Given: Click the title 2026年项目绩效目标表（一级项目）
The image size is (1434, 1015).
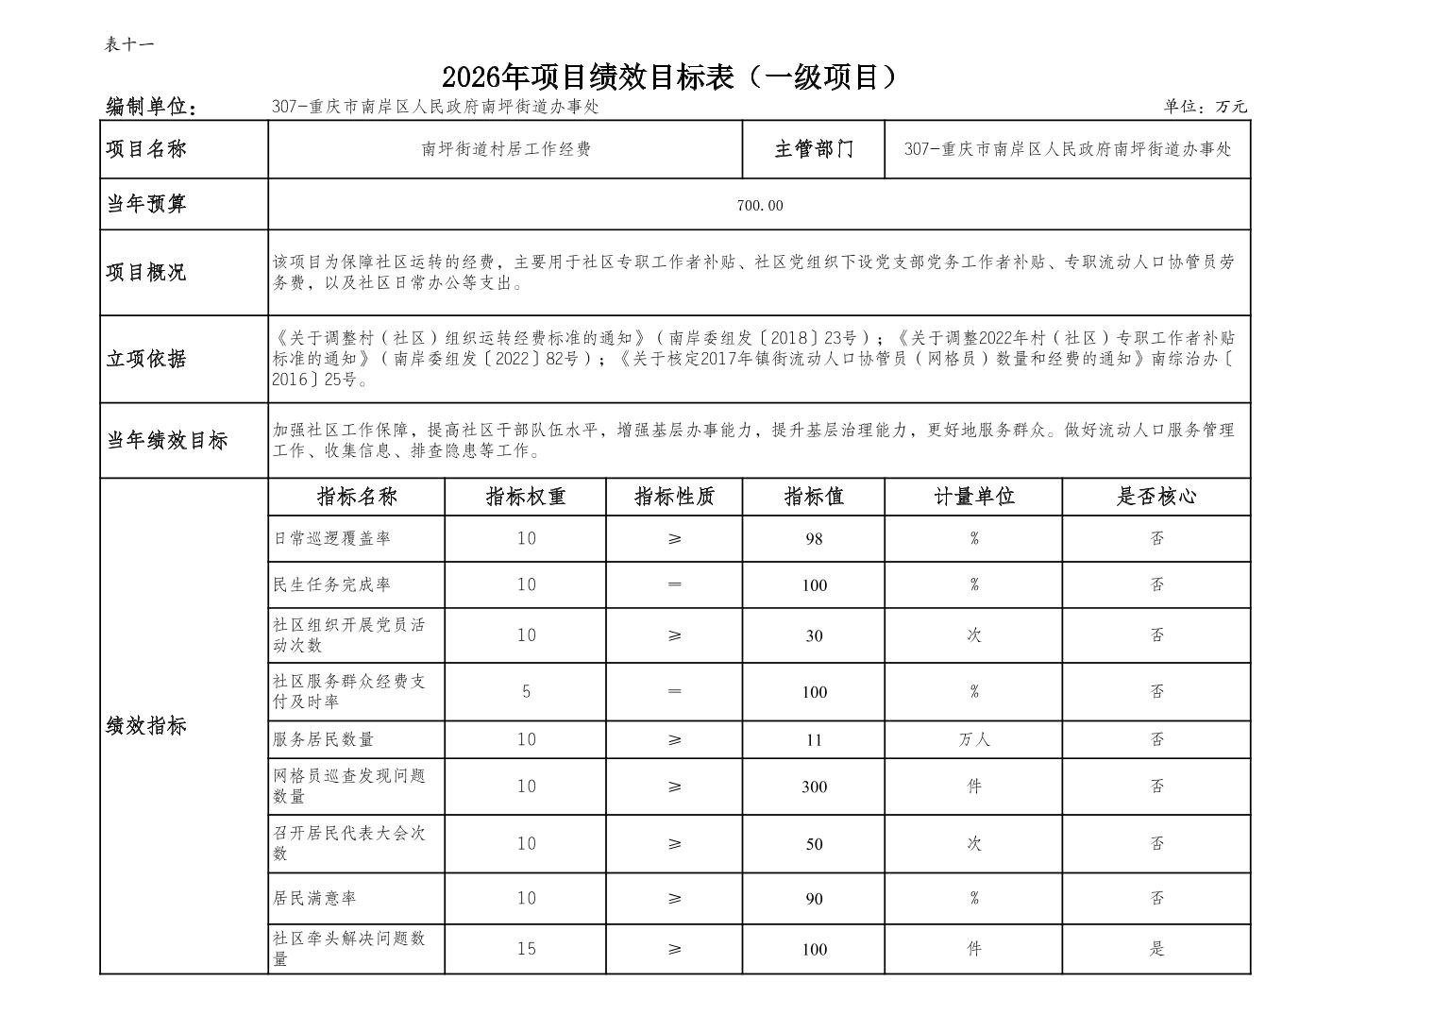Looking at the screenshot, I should [x=668, y=77].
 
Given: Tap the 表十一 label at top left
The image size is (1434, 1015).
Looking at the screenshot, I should [x=128, y=44].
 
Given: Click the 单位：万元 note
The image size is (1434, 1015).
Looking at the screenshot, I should [x=1205, y=107].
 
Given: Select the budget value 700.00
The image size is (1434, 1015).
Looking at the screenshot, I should [x=760, y=206].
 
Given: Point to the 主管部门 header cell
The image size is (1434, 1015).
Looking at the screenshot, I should [x=814, y=149].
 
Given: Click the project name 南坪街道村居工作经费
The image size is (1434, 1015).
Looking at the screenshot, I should [x=506, y=149].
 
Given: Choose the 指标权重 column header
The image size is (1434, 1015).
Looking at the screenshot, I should [x=526, y=497].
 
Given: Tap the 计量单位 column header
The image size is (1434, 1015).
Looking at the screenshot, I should [x=973, y=497].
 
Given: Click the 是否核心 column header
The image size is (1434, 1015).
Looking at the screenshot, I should [x=1156, y=497].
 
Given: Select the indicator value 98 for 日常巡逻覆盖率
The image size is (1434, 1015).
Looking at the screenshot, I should [x=814, y=539].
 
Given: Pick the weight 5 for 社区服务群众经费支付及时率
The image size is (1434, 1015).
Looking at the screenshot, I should [x=526, y=692].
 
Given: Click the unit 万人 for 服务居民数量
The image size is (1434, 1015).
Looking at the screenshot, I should [x=973, y=740].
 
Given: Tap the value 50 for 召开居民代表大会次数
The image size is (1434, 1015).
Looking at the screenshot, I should [x=814, y=844].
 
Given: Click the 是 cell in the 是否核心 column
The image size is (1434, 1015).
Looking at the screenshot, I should [x=1156, y=949].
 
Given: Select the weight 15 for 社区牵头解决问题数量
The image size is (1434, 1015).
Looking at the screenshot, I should [x=526, y=949].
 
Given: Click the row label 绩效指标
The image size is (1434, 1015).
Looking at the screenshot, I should [x=146, y=726].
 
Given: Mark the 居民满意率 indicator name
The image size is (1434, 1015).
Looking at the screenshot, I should [x=314, y=899].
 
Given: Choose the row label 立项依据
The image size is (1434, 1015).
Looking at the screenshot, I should [x=146, y=359].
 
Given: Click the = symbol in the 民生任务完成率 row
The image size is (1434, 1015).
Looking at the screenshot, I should [x=674, y=584].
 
